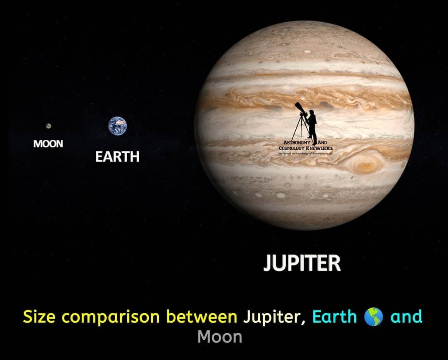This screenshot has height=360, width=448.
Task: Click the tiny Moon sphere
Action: [49, 126]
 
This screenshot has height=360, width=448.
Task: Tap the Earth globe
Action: [117, 126]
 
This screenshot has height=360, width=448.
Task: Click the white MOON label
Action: [48, 144]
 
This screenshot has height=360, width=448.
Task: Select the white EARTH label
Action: [117, 157]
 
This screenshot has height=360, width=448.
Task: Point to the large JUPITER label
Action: [302, 263]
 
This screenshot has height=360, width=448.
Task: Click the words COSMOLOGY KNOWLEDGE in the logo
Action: [306, 148]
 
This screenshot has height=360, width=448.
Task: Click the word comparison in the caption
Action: [113, 317]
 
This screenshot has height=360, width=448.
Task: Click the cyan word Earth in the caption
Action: [335, 316]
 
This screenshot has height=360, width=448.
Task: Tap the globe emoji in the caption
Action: [374, 316]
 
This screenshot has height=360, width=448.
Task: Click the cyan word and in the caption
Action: [406, 316]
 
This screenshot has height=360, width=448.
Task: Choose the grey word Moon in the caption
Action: [220, 337]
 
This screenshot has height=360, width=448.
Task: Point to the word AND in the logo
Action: [322, 143]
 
